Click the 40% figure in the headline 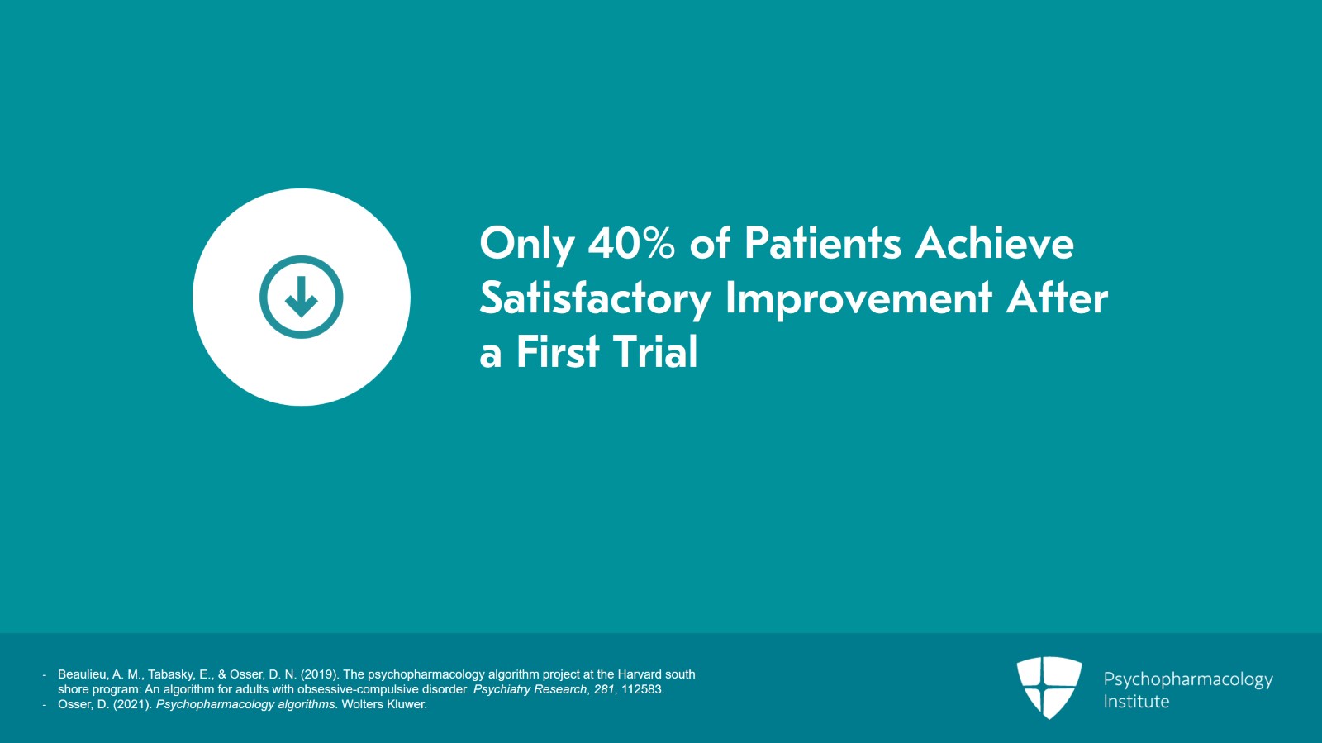coord(631,242)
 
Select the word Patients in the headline coord(822,242)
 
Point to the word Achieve coord(994,242)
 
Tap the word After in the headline coord(1057,298)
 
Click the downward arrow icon coord(302,296)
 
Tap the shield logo coord(1049,688)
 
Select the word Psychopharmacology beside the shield coord(1188,680)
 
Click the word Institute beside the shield coord(1136,702)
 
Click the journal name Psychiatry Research coord(530,690)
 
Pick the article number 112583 coord(643,689)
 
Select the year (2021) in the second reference coord(133,705)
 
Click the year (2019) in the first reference coord(320,674)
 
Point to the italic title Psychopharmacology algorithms coord(245,705)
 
